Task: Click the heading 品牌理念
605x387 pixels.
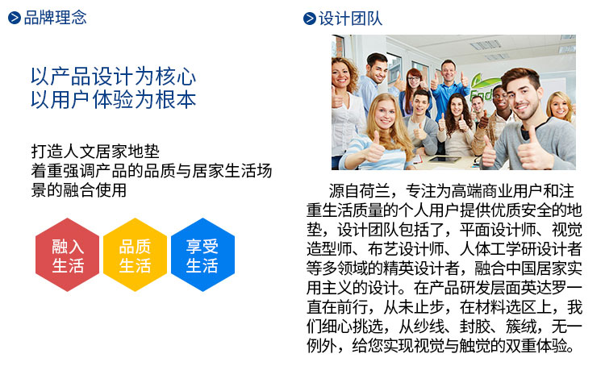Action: pyautogui.click(x=55, y=18)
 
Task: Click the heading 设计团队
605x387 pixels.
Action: pyautogui.click(x=350, y=19)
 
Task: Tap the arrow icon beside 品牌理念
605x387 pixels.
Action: pyautogui.click(x=15, y=18)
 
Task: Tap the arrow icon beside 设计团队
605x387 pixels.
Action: pyautogui.click(x=310, y=19)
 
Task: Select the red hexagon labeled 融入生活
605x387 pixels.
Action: pyautogui.click(x=68, y=255)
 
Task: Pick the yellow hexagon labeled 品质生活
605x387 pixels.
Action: pyautogui.click(x=135, y=255)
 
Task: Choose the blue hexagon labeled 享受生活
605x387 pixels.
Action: pyautogui.click(x=202, y=255)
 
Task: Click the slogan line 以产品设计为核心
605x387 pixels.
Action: pyautogui.click(x=114, y=77)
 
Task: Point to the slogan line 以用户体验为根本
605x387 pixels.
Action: pyautogui.click(x=114, y=100)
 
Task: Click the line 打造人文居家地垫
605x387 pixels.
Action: pyautogui.click(x=95, y=152)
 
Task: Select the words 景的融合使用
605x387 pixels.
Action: pyautogui.click(x=79, y=190)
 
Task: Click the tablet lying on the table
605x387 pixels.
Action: pyautogui.click(x=444, y=159)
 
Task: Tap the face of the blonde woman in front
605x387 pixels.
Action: pyautogui.click(x=384, y=114)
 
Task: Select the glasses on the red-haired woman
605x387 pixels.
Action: pyautogui.click(x=414, y=79)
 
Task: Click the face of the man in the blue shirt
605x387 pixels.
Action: pyautogui.click(x=449, y=72)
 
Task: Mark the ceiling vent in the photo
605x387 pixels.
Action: pyautogui.click(x=486, y=45)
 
